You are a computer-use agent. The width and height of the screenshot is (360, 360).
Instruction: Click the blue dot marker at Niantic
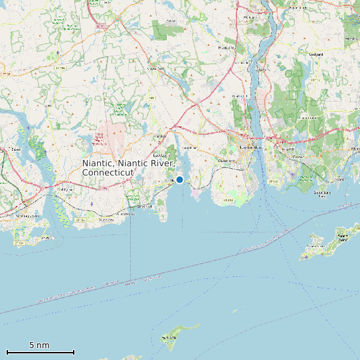coord(179,179)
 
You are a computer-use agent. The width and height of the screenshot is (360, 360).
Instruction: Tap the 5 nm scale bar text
coord(39,345)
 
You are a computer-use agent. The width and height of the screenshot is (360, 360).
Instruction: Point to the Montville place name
coord(230,48)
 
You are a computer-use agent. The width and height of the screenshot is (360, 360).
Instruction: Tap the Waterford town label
coord(226,161)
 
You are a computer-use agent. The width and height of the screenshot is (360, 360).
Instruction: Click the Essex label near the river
coord(15,149)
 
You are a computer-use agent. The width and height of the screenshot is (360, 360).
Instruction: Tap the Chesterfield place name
coord(155,68)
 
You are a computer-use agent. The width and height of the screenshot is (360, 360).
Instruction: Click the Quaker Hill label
coord(238,97)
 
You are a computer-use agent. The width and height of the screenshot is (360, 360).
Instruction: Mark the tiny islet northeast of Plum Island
coord(234,310)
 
